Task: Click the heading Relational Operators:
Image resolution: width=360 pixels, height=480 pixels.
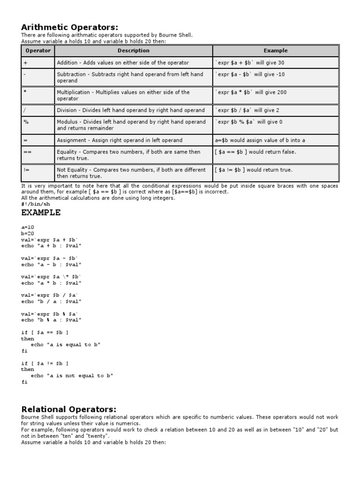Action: tap(68, 409)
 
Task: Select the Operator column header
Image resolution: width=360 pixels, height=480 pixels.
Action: tap(37, 51)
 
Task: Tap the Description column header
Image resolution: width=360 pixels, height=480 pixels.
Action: tap(133, 51)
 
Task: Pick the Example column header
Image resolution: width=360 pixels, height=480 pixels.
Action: tap(275, 51)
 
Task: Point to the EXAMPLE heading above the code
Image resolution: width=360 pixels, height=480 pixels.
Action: tap(41, 212)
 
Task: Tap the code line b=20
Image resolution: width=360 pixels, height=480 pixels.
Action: tap(28, 233)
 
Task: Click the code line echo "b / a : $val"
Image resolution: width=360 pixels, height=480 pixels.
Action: tap(52, 301)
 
